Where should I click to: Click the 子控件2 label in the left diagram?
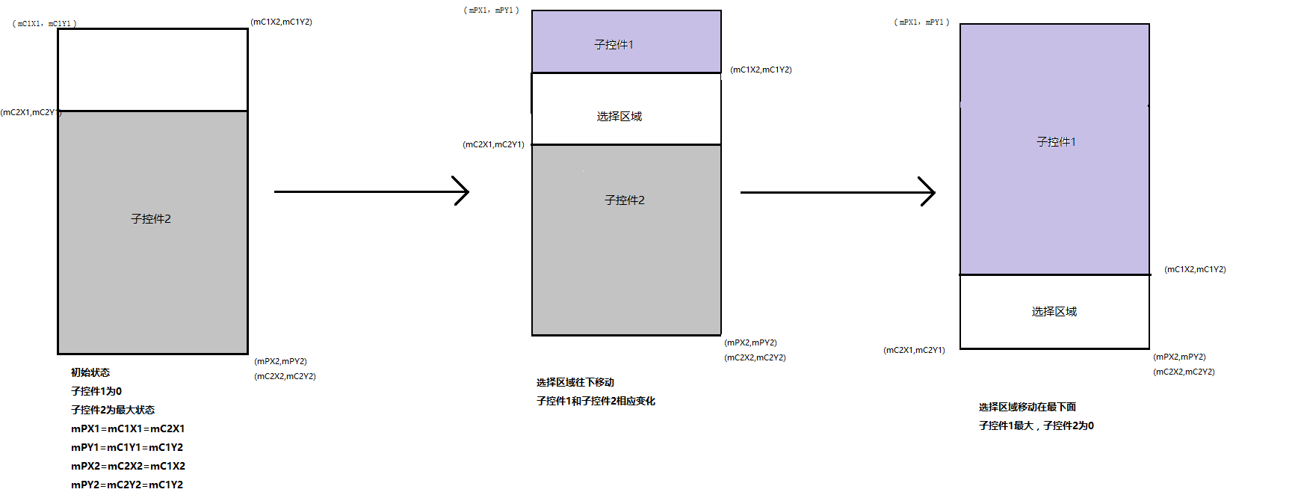[x=151, y=219]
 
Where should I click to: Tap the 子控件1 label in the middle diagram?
[x=614, y=45]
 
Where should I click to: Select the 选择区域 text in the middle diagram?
[x=619, y=117]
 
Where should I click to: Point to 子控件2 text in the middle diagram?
[x=625, y=200]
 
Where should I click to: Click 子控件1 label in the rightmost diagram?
[x=1056, y=142]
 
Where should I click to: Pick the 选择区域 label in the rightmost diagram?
[x=1054, y=312]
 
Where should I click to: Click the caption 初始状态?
[x=90, y=372]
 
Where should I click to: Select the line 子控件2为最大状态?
[x=113, y=410]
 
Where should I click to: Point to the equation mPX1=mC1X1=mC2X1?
[x=128, y=428]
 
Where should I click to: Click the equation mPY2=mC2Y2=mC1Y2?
[x=127, y=485]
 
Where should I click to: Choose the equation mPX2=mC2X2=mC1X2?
[x=128, y=466]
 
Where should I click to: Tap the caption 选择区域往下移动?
[x=575, y=382]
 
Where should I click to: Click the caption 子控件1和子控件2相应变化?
[x=596, y=401]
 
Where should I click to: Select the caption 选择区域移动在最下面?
[x=1027, y=407]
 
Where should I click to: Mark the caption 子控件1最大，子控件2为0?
[x=1036, y=425]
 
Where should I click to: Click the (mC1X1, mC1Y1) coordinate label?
[x=44, y=24]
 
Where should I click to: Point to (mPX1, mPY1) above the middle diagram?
[x=491, y=10]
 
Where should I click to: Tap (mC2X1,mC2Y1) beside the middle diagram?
[x=493, y=144]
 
